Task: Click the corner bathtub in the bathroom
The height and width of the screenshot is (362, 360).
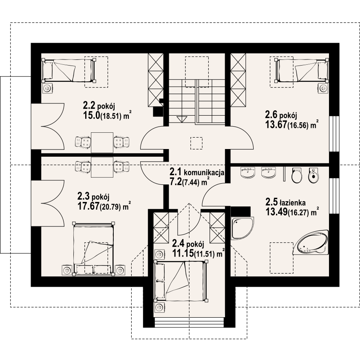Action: [x=311, y=242]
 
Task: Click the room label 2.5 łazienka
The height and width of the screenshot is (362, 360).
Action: [x=285, y=202]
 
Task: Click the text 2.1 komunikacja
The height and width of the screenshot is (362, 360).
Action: [x=197, y=172]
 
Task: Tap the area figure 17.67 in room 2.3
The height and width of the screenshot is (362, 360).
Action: [x=88, y=206]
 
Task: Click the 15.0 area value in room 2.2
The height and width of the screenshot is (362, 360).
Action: [x=91, y=115]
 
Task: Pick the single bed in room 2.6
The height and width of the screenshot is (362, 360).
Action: [x=302, y=70]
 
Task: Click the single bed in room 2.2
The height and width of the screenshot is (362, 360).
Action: [x=68, y=70]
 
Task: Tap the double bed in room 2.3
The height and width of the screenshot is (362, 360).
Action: [x=93, y=249]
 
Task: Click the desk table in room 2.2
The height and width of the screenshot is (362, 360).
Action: [x=102, y=143]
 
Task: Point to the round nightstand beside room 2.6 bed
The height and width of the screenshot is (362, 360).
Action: [x=323, y=88]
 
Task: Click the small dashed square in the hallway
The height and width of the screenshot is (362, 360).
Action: [x=196, y=143]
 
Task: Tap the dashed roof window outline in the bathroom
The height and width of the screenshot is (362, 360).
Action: [x=282, y=257]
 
